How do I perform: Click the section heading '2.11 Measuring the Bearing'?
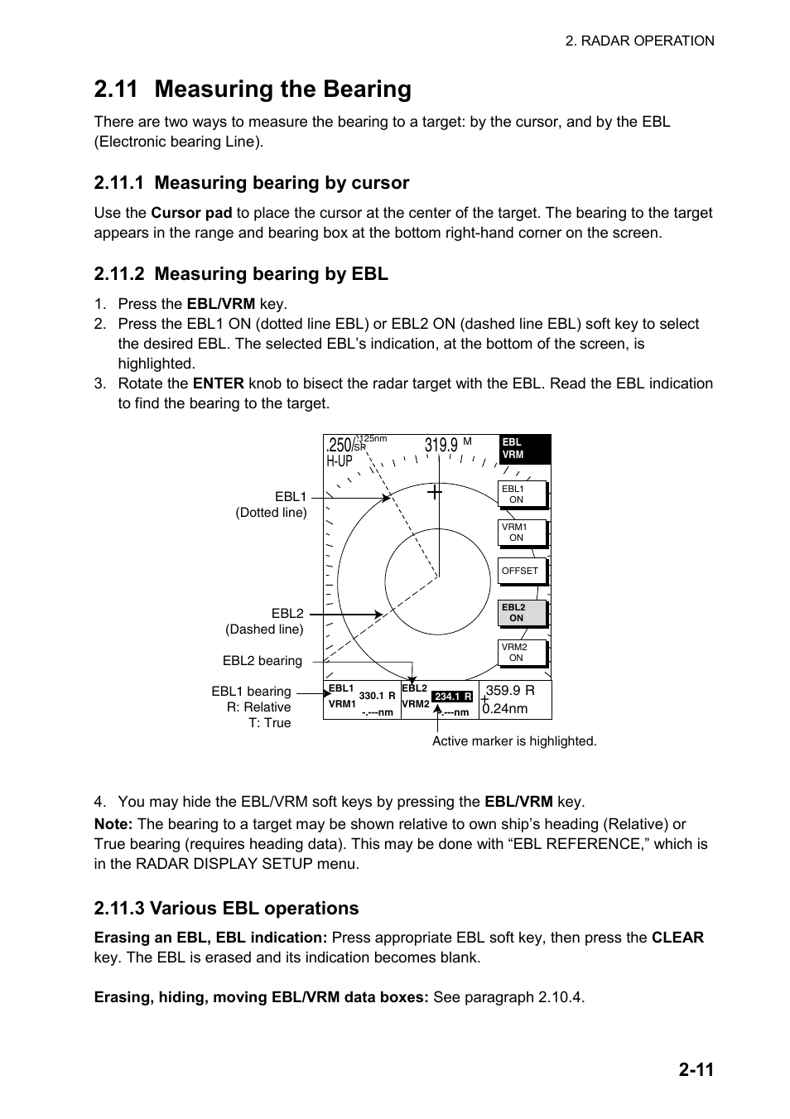(253, 89)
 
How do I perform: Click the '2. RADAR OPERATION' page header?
(639, 41)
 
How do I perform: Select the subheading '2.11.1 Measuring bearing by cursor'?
(252, 183)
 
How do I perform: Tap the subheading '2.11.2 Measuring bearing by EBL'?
(241, 274)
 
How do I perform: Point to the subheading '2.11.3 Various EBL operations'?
(226, 909)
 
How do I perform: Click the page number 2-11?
(696, 1070)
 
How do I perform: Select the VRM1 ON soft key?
(522, 533)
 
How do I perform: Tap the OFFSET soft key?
(522, 572)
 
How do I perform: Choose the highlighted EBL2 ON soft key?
(522, 613)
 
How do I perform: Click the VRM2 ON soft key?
(522, 653)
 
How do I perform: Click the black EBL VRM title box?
(525, 449)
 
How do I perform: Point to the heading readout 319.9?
(441, 446)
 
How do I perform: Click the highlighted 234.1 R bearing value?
(452, 697)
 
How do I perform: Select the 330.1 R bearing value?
(377, 697)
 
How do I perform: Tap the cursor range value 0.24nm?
(506, 709)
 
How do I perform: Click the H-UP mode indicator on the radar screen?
(339, 461)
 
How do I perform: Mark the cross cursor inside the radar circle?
(435, 492)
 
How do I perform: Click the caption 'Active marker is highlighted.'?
(514, 741)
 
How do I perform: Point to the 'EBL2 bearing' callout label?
(262, 661)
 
